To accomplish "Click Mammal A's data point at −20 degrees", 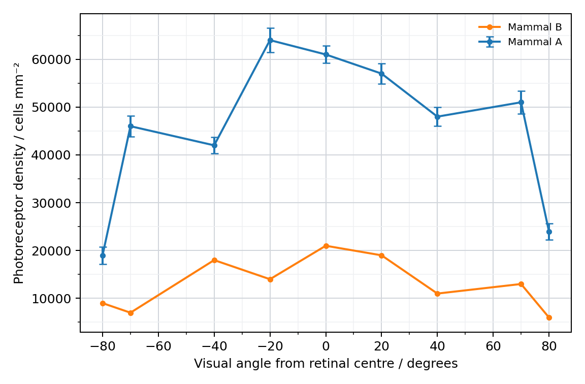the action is tap(270, 40).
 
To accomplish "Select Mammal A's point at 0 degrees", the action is tap(326, 54).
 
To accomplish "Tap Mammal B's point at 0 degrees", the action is tap(326, 246).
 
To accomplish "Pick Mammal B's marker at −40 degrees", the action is tap(214, 260).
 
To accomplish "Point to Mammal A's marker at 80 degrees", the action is tap(549, 232).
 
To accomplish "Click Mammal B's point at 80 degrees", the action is tap(549, 317).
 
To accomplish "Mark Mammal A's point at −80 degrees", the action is tap(103, 255).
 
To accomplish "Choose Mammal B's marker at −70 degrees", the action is tap(131, 313).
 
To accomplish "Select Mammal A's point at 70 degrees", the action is tap(521, 102).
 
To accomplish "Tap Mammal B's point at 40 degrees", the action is tap(437, 294).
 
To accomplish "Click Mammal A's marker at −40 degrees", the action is tap(214, 146).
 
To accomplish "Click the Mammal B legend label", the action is tap(535, 27).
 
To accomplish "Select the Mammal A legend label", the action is tap(535, 42).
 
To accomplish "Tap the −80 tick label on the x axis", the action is tap(103, 346).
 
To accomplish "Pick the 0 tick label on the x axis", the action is tap(326, 346).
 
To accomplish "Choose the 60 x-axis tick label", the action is tap(493, 346).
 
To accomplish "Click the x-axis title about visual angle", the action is tap(326, 364).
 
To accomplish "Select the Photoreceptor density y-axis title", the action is tap(19, 173).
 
